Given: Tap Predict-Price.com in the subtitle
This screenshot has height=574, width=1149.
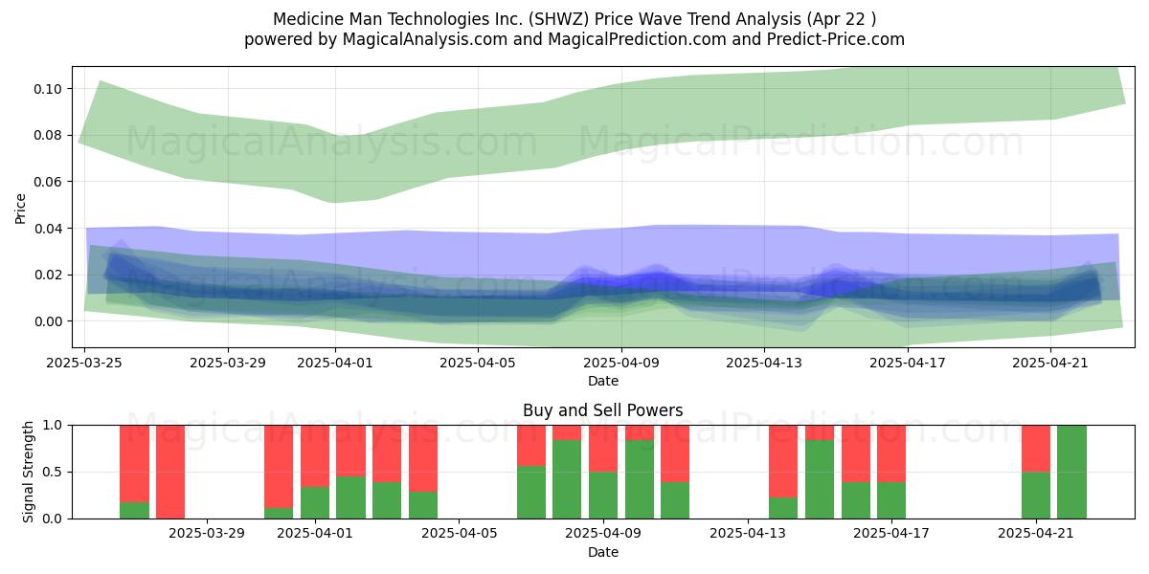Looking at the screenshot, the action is (x=836, y=39).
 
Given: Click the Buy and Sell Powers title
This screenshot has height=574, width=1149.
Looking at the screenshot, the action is (x=602, y=410).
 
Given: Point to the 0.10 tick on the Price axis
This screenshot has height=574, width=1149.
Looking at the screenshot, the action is (x=48, y=89).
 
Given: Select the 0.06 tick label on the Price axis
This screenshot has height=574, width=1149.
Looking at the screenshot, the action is (x=48, y=182).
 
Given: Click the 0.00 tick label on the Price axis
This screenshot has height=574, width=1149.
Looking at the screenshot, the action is (x=48, y=321).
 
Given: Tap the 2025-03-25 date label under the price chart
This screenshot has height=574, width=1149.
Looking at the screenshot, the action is (x=84, y=363).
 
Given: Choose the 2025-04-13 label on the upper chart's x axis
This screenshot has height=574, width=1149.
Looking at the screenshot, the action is (x=764, y=363).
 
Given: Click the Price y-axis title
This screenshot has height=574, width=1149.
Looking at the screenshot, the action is (x=20, y=210).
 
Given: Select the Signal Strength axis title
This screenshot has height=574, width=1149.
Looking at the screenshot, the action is (x=28, y=472).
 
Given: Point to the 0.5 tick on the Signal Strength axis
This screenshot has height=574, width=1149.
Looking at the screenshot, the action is (x=52, y=472).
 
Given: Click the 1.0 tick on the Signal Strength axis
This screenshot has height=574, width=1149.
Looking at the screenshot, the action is (x=52, y=426).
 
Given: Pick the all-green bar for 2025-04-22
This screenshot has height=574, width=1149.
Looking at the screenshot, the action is (x=1071, y=472).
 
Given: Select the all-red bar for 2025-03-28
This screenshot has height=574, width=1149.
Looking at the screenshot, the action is (x=170, y=472).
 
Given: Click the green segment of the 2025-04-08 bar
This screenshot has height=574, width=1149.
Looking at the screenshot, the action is (x=567, y=479).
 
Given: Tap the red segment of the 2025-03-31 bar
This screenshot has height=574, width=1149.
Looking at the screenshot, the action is (x=279, y=467).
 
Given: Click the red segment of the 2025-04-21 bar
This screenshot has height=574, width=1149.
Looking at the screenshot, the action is (x=1036, y=449).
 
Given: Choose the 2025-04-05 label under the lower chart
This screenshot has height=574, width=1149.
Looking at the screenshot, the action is (x=459, y=534).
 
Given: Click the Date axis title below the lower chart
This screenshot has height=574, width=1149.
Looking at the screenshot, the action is (x=602, y=552).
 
